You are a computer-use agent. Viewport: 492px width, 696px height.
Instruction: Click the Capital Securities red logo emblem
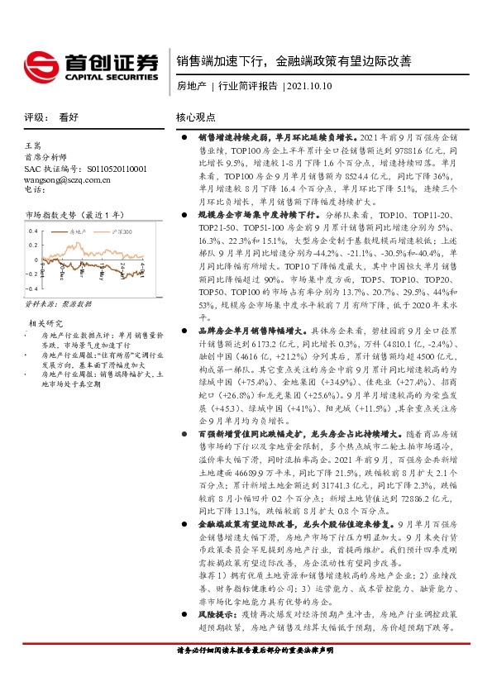[x=38, y=64]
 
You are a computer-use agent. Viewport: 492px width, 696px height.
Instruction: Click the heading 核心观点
[x=195, y=117]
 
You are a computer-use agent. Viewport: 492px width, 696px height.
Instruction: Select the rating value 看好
[x=69, y=117]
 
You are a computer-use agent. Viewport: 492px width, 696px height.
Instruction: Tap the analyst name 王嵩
[x=34, y=145]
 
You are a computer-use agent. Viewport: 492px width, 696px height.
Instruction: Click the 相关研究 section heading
[x=46, y=322]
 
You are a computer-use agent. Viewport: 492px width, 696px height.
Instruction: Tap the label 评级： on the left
[x=35, y=117]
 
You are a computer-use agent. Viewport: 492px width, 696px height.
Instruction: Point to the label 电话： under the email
[x=34, y=189]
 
